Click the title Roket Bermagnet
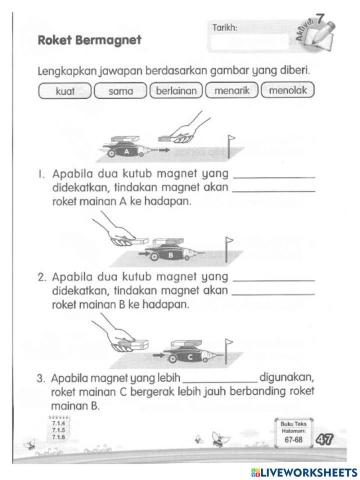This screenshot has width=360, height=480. point(87,41)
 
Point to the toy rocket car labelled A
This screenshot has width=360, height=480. point(131,147)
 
